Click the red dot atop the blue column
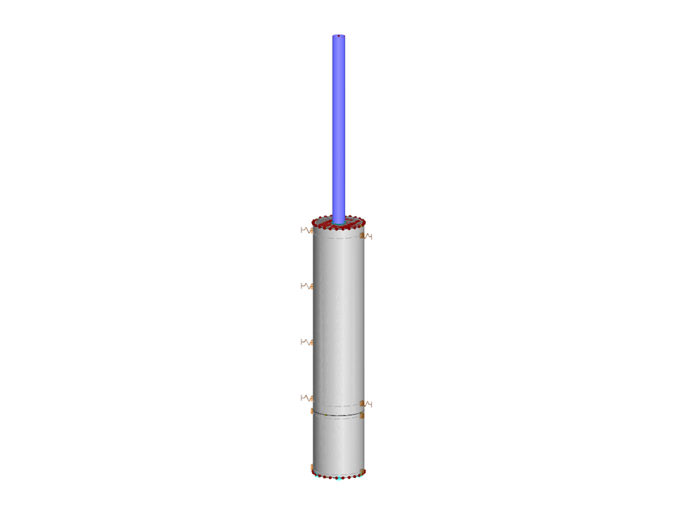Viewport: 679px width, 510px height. point(339,35)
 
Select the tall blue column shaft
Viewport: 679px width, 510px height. point(339,127)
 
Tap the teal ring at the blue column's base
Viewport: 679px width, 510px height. point(339,222)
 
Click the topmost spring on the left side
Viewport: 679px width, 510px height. point(306,229)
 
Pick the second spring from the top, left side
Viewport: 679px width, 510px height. point(306,285)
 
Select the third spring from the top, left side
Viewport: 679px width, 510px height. point(306,341)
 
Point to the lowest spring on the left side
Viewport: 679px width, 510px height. point(306,397)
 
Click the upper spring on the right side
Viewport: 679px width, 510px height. point(367,235)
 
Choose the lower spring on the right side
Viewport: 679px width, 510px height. point(367,404)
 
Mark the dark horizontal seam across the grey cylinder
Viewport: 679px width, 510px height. point(338,414)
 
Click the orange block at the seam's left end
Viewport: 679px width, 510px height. point(313,411)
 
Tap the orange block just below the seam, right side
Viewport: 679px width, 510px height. point(363,416)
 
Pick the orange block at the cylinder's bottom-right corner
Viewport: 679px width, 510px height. point(364,471)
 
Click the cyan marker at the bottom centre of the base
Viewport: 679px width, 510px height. point(339,479)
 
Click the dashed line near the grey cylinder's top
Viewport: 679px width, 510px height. point(338,238)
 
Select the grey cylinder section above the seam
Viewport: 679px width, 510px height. point(338,319)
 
